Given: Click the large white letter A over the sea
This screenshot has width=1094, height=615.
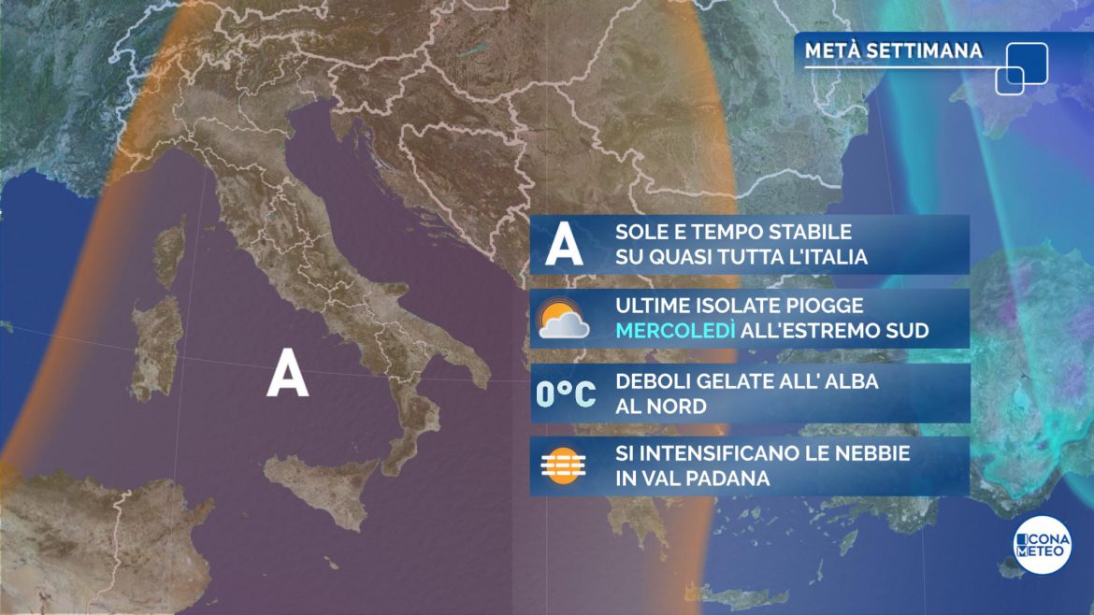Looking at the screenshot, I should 287,377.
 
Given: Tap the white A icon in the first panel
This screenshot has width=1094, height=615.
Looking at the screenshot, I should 564,245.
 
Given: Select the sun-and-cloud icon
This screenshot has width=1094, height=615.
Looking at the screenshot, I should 564,319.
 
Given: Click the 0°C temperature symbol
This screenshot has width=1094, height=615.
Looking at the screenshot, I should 565,393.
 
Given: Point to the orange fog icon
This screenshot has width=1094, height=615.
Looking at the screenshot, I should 564,465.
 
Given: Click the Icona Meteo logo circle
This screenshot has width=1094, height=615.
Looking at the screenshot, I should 1042,545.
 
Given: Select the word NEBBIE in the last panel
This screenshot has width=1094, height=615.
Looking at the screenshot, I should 869,453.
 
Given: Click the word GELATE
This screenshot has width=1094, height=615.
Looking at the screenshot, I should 719,381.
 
